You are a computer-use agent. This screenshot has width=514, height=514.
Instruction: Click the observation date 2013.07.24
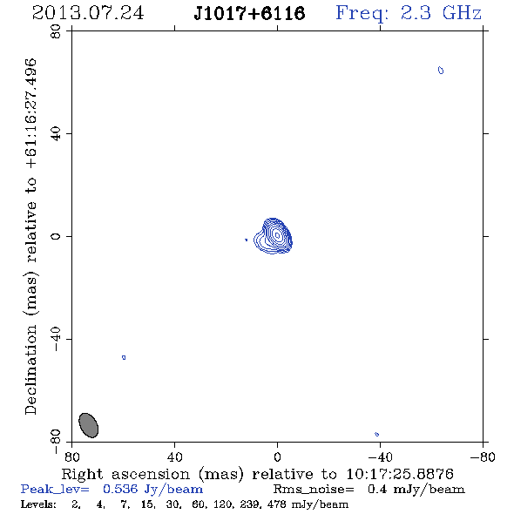tap(88, 13)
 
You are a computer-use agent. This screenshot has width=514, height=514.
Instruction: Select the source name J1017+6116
tap(249, 13)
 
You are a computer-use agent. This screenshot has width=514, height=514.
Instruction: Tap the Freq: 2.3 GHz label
tap(409, 13)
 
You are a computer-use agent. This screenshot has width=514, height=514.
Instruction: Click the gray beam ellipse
tap(89, 425)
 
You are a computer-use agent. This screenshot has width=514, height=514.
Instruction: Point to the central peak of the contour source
tap(277, 235)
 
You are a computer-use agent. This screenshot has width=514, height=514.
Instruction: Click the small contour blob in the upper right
tap(441, 71)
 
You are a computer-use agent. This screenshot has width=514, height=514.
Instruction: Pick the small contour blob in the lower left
tap(124, 357)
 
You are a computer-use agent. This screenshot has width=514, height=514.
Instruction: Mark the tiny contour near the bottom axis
tap(376, 435)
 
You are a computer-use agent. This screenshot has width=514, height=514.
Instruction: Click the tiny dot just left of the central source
tap(247, 240)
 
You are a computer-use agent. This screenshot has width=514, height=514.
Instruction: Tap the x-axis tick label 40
tap(174, 457)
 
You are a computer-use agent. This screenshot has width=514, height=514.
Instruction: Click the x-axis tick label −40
tap(380, 457)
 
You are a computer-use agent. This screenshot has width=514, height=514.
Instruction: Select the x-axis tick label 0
tap(277, 457)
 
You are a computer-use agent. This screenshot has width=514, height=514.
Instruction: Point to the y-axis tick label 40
tap(56, 134)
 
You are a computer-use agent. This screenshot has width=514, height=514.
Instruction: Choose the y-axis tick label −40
tap(56, 339)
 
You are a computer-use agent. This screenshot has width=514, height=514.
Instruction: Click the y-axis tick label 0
tap(56, 236)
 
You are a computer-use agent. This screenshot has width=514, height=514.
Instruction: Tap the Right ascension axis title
tap(257, 474)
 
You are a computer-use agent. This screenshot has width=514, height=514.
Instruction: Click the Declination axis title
tap(30, 236)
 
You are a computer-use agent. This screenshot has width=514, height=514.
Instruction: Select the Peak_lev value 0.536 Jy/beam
tap(152, 490)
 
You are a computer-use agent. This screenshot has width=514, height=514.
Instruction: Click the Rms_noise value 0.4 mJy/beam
tap(416, 490)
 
